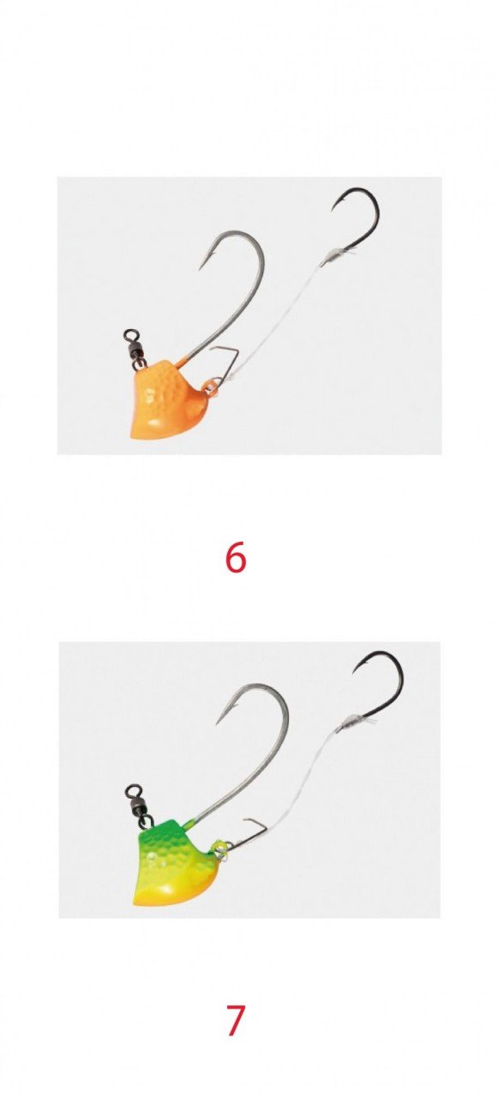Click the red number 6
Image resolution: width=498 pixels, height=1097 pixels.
click(x=235, y=558)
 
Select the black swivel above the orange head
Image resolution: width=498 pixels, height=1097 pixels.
click(x=134, y=345)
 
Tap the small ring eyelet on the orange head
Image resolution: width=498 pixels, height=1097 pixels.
click(x=212, y=387)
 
